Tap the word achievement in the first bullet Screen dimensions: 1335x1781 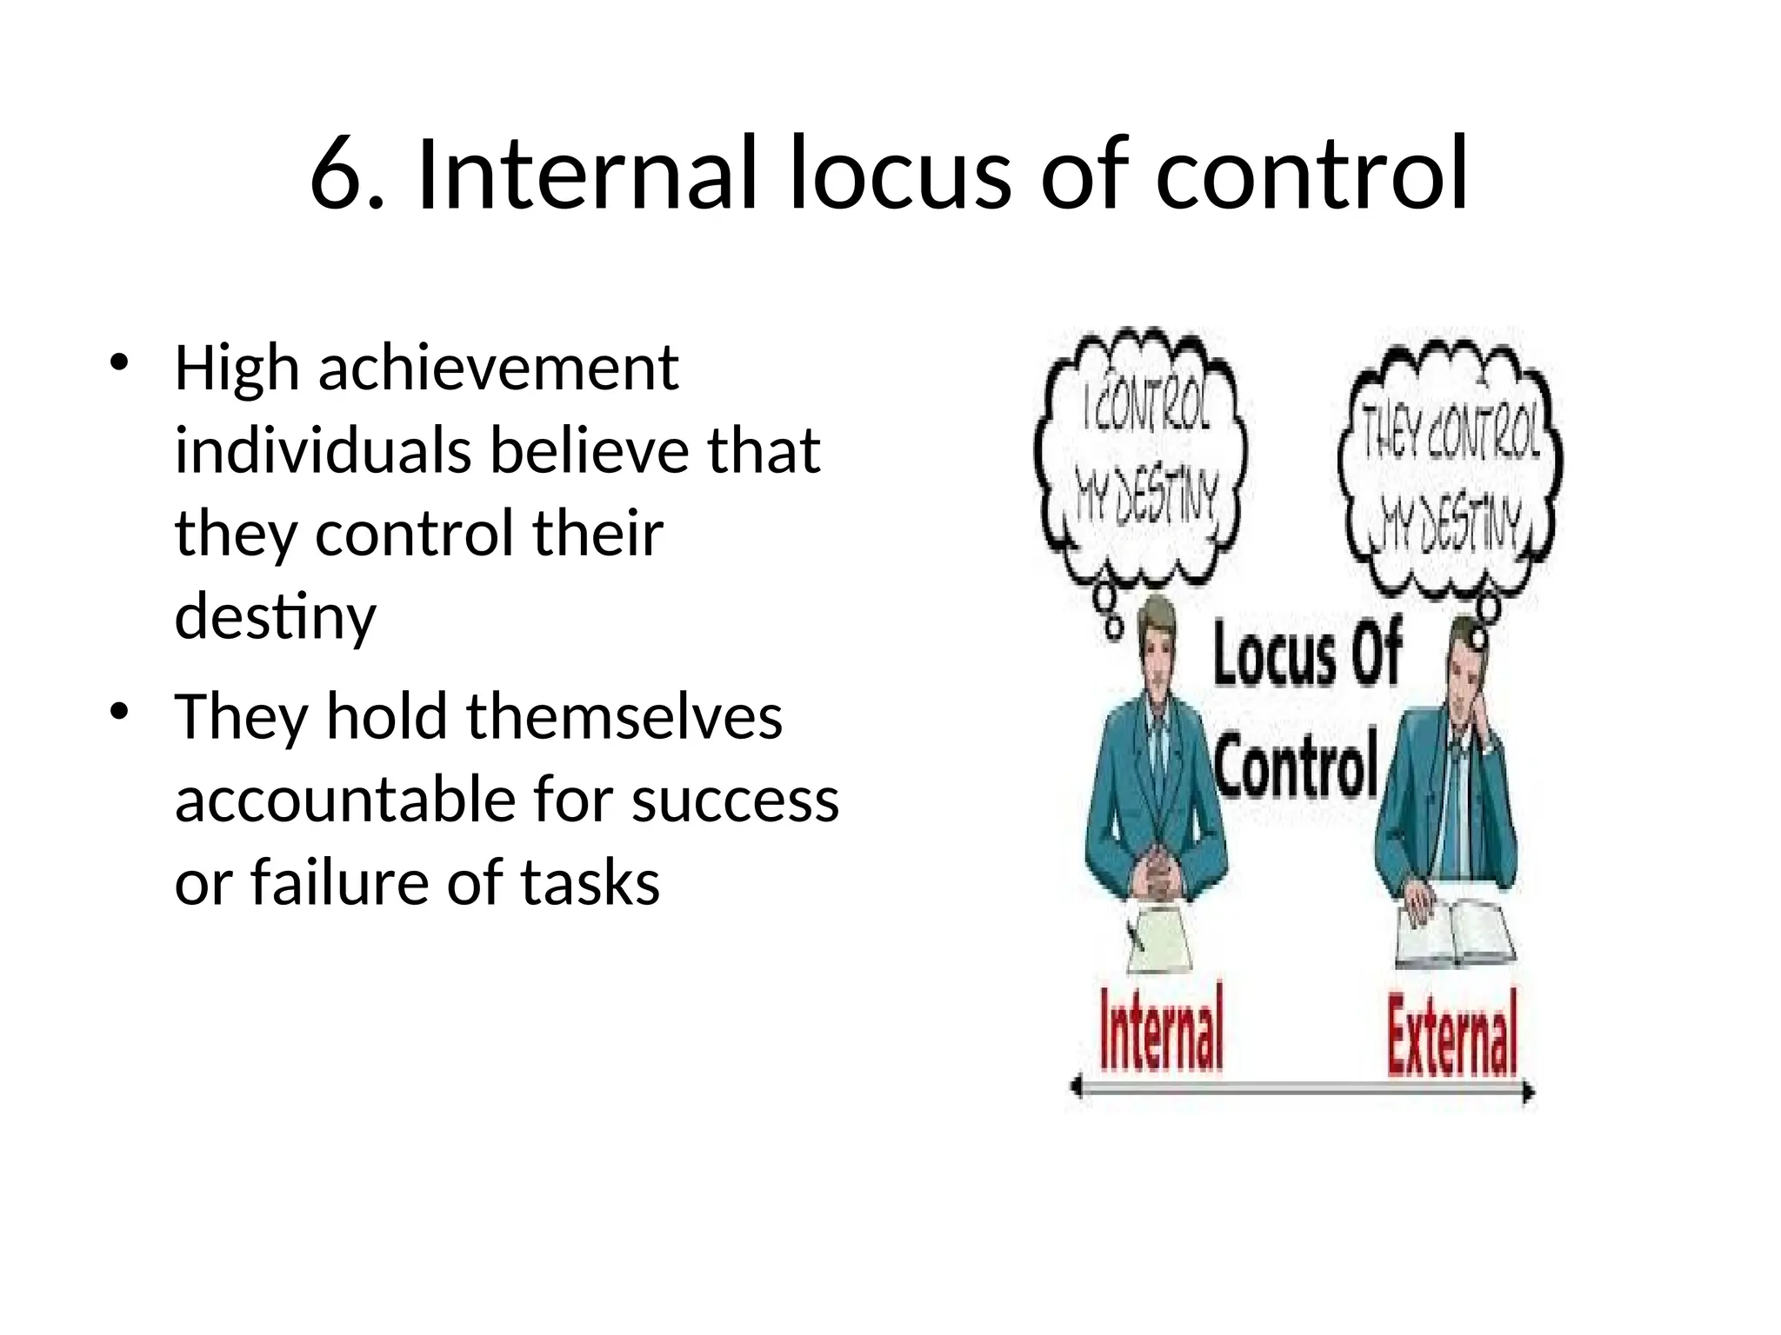(x=498, y=369)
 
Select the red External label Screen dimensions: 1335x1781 (x=1451, y=1034)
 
